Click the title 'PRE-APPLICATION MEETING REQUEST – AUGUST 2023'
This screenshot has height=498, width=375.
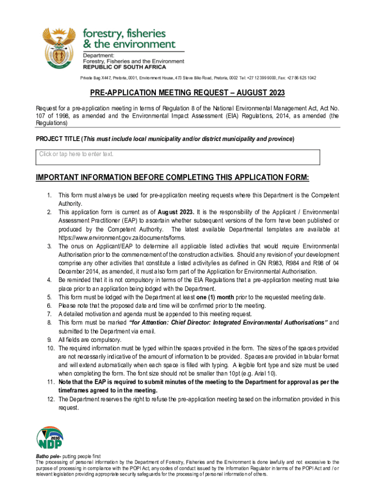tap(187, 93)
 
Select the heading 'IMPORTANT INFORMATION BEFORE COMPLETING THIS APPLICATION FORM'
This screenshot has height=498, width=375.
tap(172, 177)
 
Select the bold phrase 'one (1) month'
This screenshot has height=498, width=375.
tap(213, 297)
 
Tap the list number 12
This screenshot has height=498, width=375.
tap(50, 399)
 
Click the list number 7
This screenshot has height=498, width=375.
tap(50, 314)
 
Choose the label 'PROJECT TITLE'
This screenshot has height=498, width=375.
tap(57, 139)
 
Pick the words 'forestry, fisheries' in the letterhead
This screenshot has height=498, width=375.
tap(124, 33)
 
